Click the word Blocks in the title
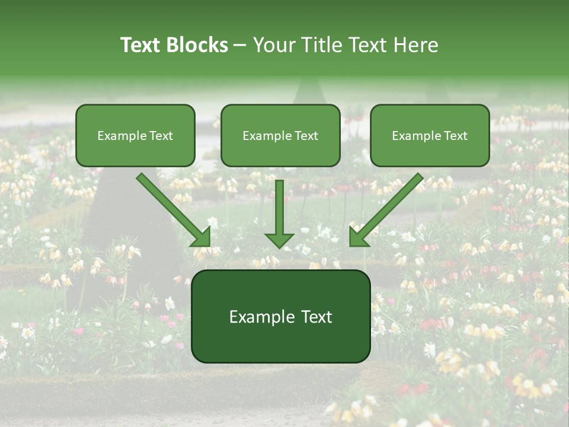[x=197, y=45]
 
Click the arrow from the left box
[x=172, y=209]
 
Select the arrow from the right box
[x=387, y=209]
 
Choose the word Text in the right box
[x=455, y=136]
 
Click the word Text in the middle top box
[x=306, y=136]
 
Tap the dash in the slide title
[x=240, y=46]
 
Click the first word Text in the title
[x=141, y=45]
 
